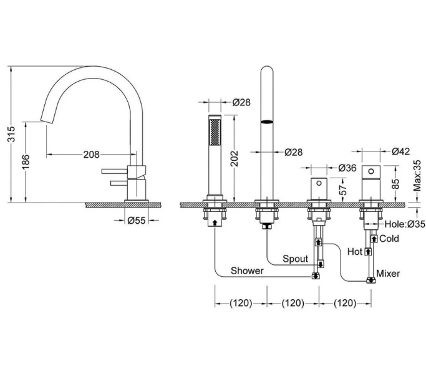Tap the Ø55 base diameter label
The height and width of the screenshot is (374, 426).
(x=137, y=220)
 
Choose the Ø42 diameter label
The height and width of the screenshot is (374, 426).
(x=401, y=151)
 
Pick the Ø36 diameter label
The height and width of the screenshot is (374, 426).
(x=348, y=168)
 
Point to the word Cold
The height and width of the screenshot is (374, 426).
(x=390, y=239)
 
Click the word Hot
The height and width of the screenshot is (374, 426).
(x=355, y=252)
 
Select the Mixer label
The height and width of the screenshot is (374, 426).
(x=389, y=274)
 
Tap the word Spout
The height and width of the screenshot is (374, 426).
(x=295, y=257)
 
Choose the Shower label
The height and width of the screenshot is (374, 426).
(x=247, y=271)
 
